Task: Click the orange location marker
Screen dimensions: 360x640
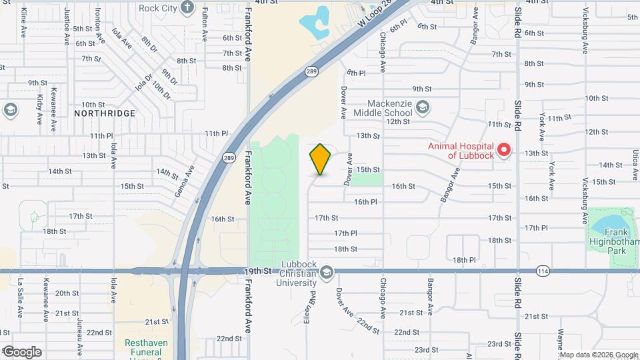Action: tap(321, 159)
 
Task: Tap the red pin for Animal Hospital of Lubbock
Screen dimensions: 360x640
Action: tap(504, 150)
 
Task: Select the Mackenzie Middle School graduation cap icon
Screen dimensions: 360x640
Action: tap(422, 107)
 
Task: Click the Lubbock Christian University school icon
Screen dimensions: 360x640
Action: tap(327, 271)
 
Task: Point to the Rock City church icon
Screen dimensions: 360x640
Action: tap(187, 8)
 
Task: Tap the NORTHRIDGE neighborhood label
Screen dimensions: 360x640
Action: tap(105, 113)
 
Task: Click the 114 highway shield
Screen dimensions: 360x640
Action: tap(543, 271)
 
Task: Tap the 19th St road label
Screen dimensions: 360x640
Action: tap(259, 271)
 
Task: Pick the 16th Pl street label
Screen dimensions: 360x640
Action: tap(365, 201)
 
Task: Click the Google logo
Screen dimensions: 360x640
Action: tap(22, 352)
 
